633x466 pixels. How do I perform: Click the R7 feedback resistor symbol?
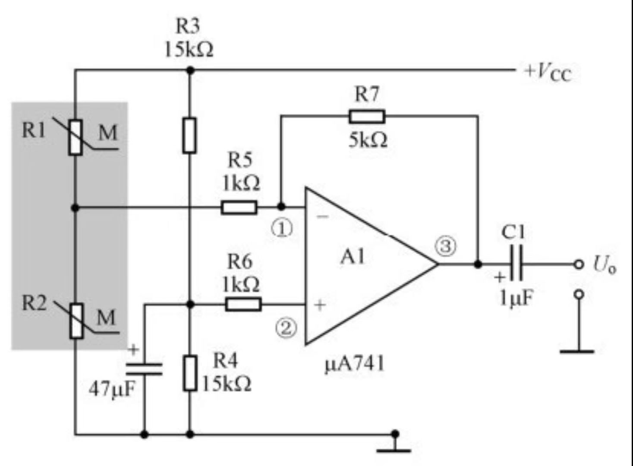click(x=367, y=116)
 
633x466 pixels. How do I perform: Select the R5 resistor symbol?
click(x=239, y=208)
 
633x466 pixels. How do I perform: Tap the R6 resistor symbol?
click(x=243, y=305)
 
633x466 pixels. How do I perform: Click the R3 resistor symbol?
click(x=189, y=135)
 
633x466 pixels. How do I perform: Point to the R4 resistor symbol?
click(x=189, y=373)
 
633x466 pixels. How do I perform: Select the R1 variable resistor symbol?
click(x=76, y=137)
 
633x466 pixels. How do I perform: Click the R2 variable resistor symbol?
click(x=76, y=321)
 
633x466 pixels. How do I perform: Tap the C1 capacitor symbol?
click(x=516, y=264)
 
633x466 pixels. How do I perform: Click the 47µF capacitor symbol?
click(x=144, y=369)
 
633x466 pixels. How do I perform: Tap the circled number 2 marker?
click(x=286, y=328)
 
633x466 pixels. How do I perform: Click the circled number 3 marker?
click(x=445, y=246)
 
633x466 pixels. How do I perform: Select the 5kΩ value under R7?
click(x=368, y=140)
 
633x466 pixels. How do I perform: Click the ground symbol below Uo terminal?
click(x=577, y=350)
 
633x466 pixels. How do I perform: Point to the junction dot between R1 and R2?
click(x=76, y=208)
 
